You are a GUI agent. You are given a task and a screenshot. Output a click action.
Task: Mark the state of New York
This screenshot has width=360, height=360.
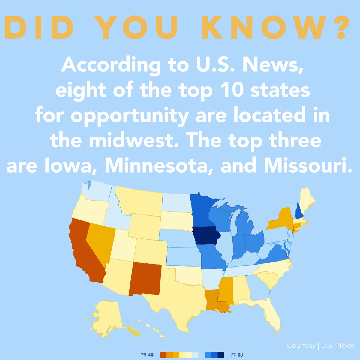[x=279, y=219]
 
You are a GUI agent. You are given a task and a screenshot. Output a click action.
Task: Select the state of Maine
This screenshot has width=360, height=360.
[x=306, y=199]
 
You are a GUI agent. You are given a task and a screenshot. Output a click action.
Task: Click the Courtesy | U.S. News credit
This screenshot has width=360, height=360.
[x=320, y=346]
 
